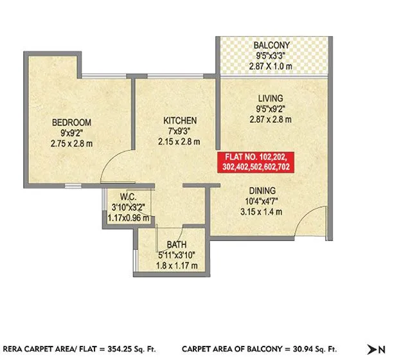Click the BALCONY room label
pyautogui.click(x=271, y=46)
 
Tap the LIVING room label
pyautogui.click(x=271, y=98)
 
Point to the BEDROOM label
pyautogui.click(x=72, y=122)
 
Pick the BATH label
pyautogui.click(x=177, y=245)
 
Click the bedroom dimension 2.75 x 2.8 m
pyautogui.click(x=72, y=143)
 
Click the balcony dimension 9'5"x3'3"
pyautogui.click(x=271, y=56)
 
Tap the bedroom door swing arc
pyautogui.click(x=114, y=166)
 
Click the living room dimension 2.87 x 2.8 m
pyautogui.click(x=271, y=119)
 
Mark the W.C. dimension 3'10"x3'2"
pyautogui.click(x=129, y=208)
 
